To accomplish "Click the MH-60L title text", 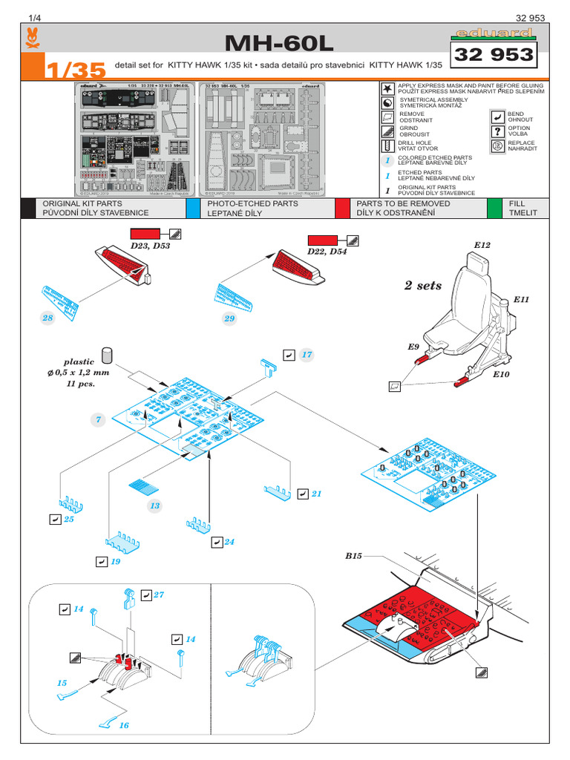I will pyautogui.click(x=284, y=44).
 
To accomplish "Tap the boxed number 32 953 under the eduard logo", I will pyautogui.click(x=494, y=55).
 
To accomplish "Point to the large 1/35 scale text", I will pyautogui.click(x=74, y=70).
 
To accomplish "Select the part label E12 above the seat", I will pyautogui.click(x=482, y=244).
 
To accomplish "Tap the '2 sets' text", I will pyautogui.click(x=423, y=285).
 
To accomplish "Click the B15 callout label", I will pyautogui.click(x=353, y=556).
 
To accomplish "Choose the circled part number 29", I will pyautogui.click(x=229, y=318).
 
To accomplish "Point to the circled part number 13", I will pyautogui.click(x=154, y=505).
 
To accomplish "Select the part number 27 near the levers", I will pyautogui.click(x=158, y=595).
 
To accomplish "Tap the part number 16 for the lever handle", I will pyautogui.click(x=123, y=725).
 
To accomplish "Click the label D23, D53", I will pyautogui.click(x=151, y=246).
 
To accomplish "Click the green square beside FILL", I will pyautogui.click(x=494, y=208).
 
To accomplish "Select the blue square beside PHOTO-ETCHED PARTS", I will pyautogui.click(x=193, y=208).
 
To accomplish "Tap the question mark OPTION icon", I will pyautogui.click(x=497, y=131).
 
